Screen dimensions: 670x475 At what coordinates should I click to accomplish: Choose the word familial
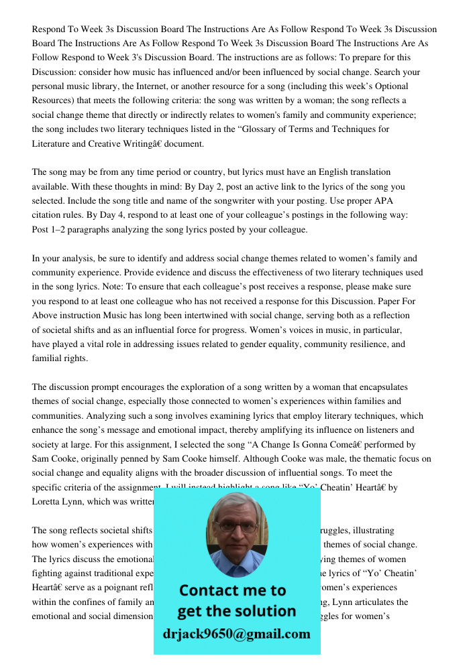coord(48,358)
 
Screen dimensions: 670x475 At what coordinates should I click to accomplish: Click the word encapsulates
coord(376,387)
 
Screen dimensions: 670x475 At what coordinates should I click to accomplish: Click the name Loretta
coord(48,502)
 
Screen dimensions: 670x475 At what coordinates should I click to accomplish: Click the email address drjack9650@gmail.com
coord(237,634)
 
